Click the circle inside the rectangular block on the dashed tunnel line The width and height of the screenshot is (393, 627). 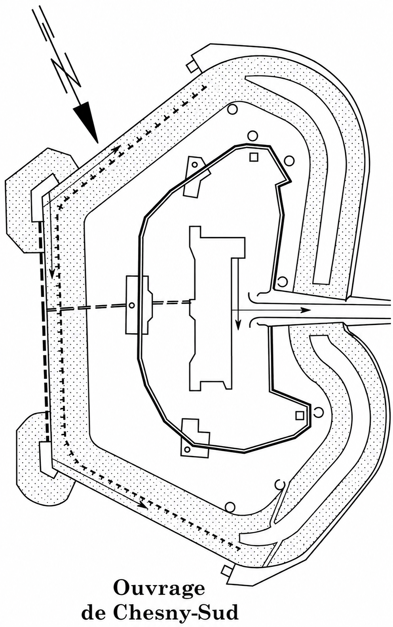point(131,305)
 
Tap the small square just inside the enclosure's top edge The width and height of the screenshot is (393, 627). point(254,157)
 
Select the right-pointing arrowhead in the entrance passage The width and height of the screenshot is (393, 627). point(306,310)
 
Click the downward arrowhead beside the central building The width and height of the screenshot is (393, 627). point(238,325)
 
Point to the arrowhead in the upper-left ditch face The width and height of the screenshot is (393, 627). point(116,149)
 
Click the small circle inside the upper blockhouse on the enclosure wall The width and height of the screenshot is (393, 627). point(195,165)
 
